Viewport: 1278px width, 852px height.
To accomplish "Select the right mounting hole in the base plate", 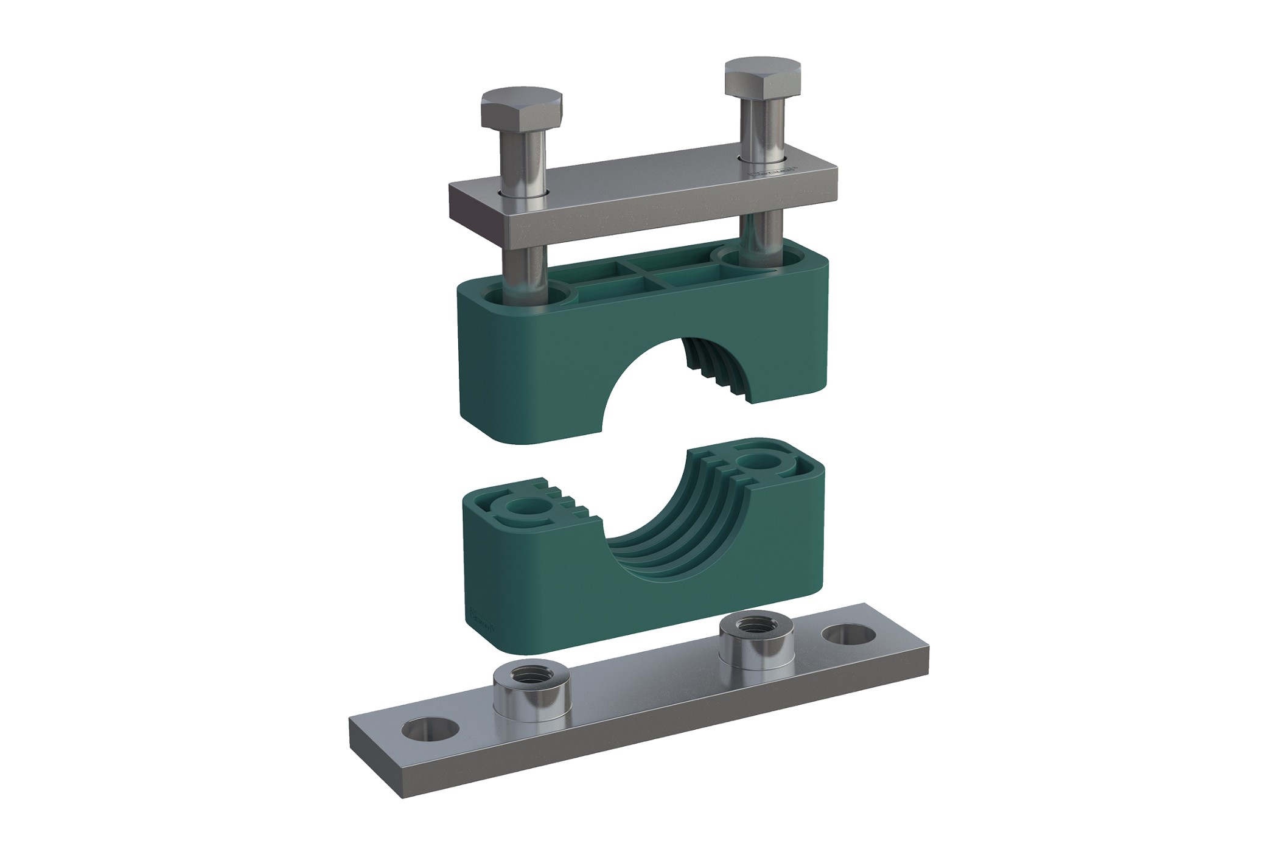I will click(x=849, y=634).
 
